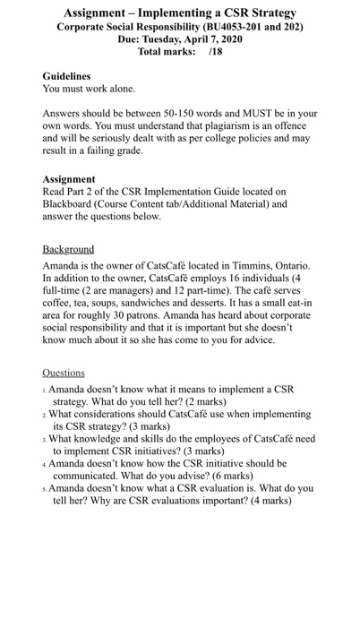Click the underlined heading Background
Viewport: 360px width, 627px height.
[68, 248]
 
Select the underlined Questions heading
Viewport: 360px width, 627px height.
[64, 373]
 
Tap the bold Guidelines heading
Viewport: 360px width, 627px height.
[67, 77]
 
